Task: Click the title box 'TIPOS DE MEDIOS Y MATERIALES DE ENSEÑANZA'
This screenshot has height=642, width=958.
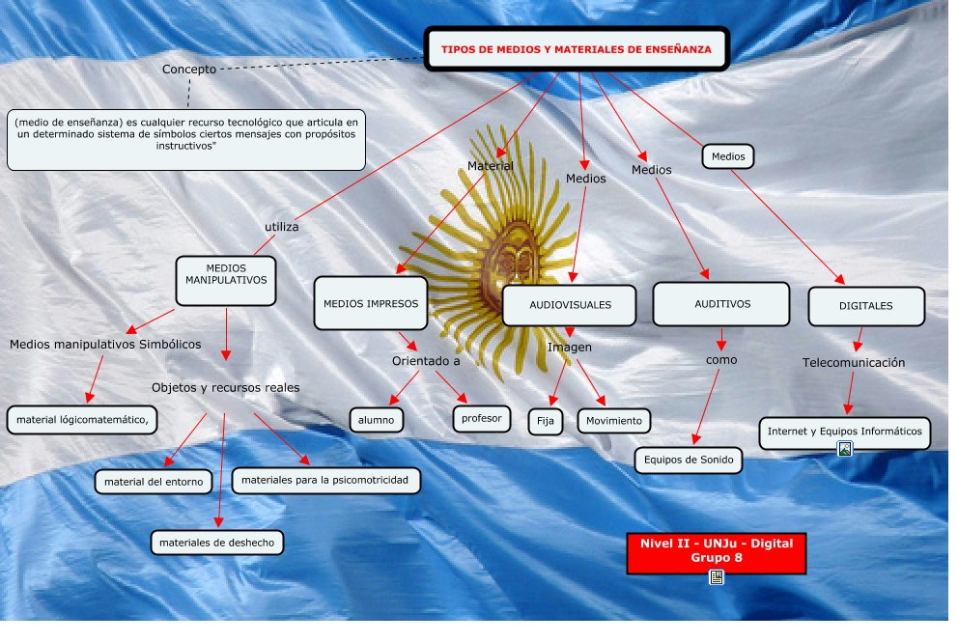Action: click(577, 48)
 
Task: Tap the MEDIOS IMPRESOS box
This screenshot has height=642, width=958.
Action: click(371, 303)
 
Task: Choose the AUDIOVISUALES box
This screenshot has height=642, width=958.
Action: click(570, 305)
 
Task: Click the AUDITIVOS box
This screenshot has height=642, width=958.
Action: click(721, 304)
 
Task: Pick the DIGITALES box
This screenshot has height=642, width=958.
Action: click(866, 306)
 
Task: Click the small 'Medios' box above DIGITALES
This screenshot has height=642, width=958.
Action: click(727, 155)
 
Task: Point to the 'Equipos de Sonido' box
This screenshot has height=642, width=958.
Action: click(689, 461)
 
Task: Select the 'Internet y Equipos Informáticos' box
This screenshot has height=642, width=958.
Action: click(844, 432)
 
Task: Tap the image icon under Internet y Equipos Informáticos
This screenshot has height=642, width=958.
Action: click(845, 449)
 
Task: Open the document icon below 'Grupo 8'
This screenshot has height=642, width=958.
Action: click(717, 577)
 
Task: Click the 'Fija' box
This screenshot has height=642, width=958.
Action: click(545, 422)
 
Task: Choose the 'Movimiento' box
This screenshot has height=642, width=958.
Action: click(614, 421)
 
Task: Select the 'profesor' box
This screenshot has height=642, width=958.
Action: click(481, 419)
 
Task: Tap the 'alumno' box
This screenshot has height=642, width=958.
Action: click(376, 420)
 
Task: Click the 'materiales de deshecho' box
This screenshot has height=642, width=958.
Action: click(217, 543)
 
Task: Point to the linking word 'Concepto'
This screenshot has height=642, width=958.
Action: click(189, 70)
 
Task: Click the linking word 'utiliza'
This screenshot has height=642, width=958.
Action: click(282, 227)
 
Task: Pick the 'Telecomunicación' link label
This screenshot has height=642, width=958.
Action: click(854, 363)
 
